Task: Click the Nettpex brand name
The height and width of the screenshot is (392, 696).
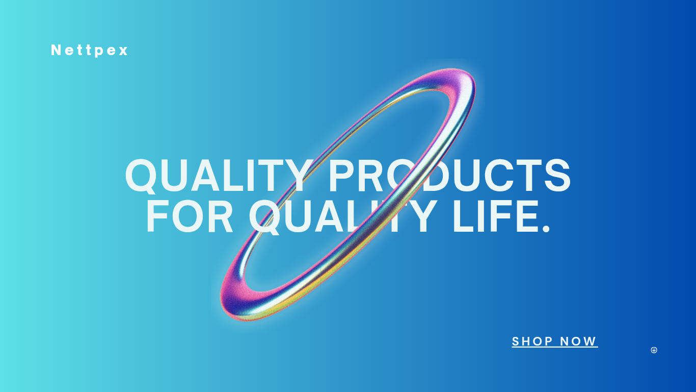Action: [x=90, y=50]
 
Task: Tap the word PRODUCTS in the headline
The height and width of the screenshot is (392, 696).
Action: [x=449, y=175]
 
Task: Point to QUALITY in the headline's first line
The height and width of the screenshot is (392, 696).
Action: [x=220, y=175]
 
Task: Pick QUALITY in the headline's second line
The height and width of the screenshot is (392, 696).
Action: [x=342, y=217]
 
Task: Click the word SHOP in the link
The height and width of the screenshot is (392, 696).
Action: [x=532, y=341]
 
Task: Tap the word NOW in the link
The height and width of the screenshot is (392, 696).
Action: [x=578, y=341]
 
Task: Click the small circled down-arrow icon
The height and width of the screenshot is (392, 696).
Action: [x=654, y=350]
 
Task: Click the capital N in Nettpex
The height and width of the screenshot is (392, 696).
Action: [x=56, y=50]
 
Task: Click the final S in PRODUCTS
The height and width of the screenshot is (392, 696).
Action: [x=557, y=175]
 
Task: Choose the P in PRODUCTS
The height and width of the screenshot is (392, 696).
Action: [x=342, y=175]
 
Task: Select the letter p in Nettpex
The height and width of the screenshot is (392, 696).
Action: [x=99, y=52]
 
